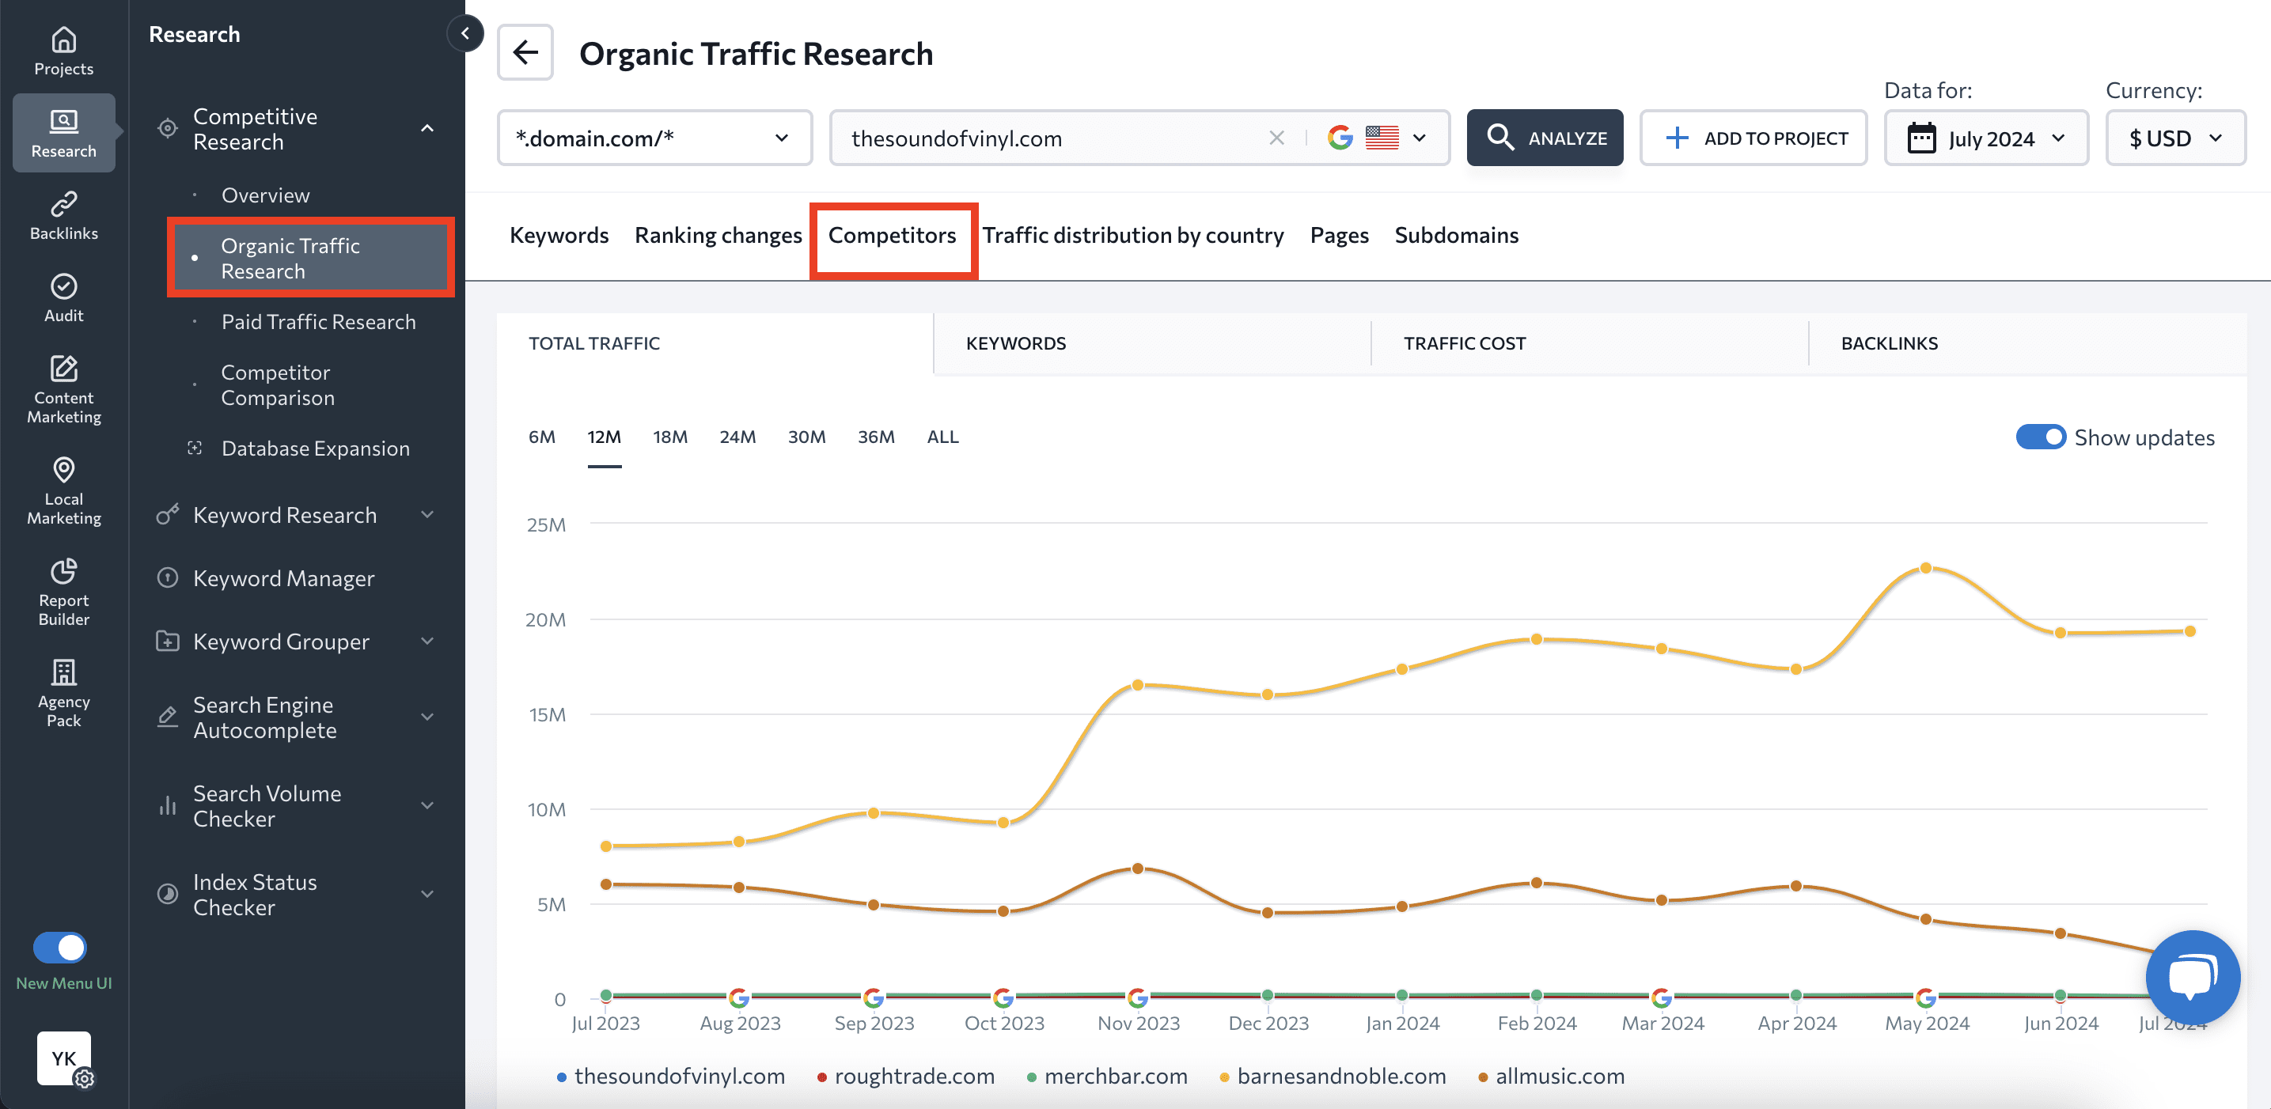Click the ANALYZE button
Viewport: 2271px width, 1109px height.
pyautogui.click(x=1545, y=138)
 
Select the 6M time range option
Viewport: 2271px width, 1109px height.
pyautogui.click(x=541, y=437)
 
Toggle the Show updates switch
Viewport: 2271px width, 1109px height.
pyautogui.click(x=2040, y=437)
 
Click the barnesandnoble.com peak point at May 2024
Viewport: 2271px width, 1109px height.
pyautogui.click(x=1925, y=569)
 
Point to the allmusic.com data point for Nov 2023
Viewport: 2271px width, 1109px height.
pyautogui.click(x=1137, y=869)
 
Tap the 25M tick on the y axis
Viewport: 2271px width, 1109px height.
pyautogui.click(x=546, y=525)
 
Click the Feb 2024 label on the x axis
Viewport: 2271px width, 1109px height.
pyautogui.click(x=1537, y=1024)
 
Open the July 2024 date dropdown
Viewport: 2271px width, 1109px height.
pyautogui.click(x=1985, y=138)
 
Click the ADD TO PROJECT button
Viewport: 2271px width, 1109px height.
pyautogui.click(x=1753, y=138)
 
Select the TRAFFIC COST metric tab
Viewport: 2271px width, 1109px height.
pyautogui.click(x=1465, y=344)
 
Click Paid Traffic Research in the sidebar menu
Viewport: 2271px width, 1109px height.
pyautogui.click(x=318, y=322)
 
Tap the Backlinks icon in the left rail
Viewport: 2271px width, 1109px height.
pyautogui.click(x=63, y=215)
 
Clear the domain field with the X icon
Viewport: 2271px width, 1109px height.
pyautogui.click(x=1276, y=138)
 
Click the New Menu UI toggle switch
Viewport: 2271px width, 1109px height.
pyautogui.click(x=60, y=948)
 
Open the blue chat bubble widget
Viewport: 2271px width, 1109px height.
pyautogui.click(x=2192, y=977)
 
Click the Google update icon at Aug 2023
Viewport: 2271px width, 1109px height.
pyautogui.click(x=739, y=997)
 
